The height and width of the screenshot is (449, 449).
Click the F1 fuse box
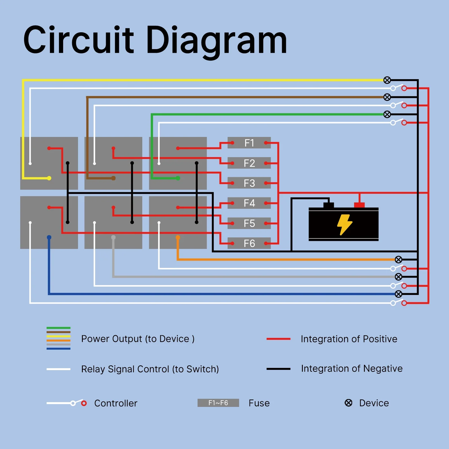point(249,143)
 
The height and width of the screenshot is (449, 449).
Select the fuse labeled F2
point(249,163)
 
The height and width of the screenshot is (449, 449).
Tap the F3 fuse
point(249,183)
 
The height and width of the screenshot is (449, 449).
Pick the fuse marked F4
point(249,203)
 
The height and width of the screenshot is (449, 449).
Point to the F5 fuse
point(249,223)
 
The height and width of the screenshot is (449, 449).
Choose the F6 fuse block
point(249,243)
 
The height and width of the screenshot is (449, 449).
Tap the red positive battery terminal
point(359,205)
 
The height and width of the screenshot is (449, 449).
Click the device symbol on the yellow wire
point(387,80)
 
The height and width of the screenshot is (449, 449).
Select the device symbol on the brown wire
point(387,97)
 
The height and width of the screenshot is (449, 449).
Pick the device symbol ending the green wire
point(387,114)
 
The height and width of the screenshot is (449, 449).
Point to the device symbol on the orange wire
point(398,260)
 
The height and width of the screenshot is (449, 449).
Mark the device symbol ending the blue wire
point(398,294)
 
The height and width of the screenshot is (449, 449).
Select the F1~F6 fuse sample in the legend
point(218,403)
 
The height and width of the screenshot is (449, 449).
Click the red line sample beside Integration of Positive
point(278,339)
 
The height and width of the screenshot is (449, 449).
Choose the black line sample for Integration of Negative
point(278,369)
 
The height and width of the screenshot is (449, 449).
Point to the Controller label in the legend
point(116,403)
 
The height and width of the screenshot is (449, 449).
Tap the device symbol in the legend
point(348,403)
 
